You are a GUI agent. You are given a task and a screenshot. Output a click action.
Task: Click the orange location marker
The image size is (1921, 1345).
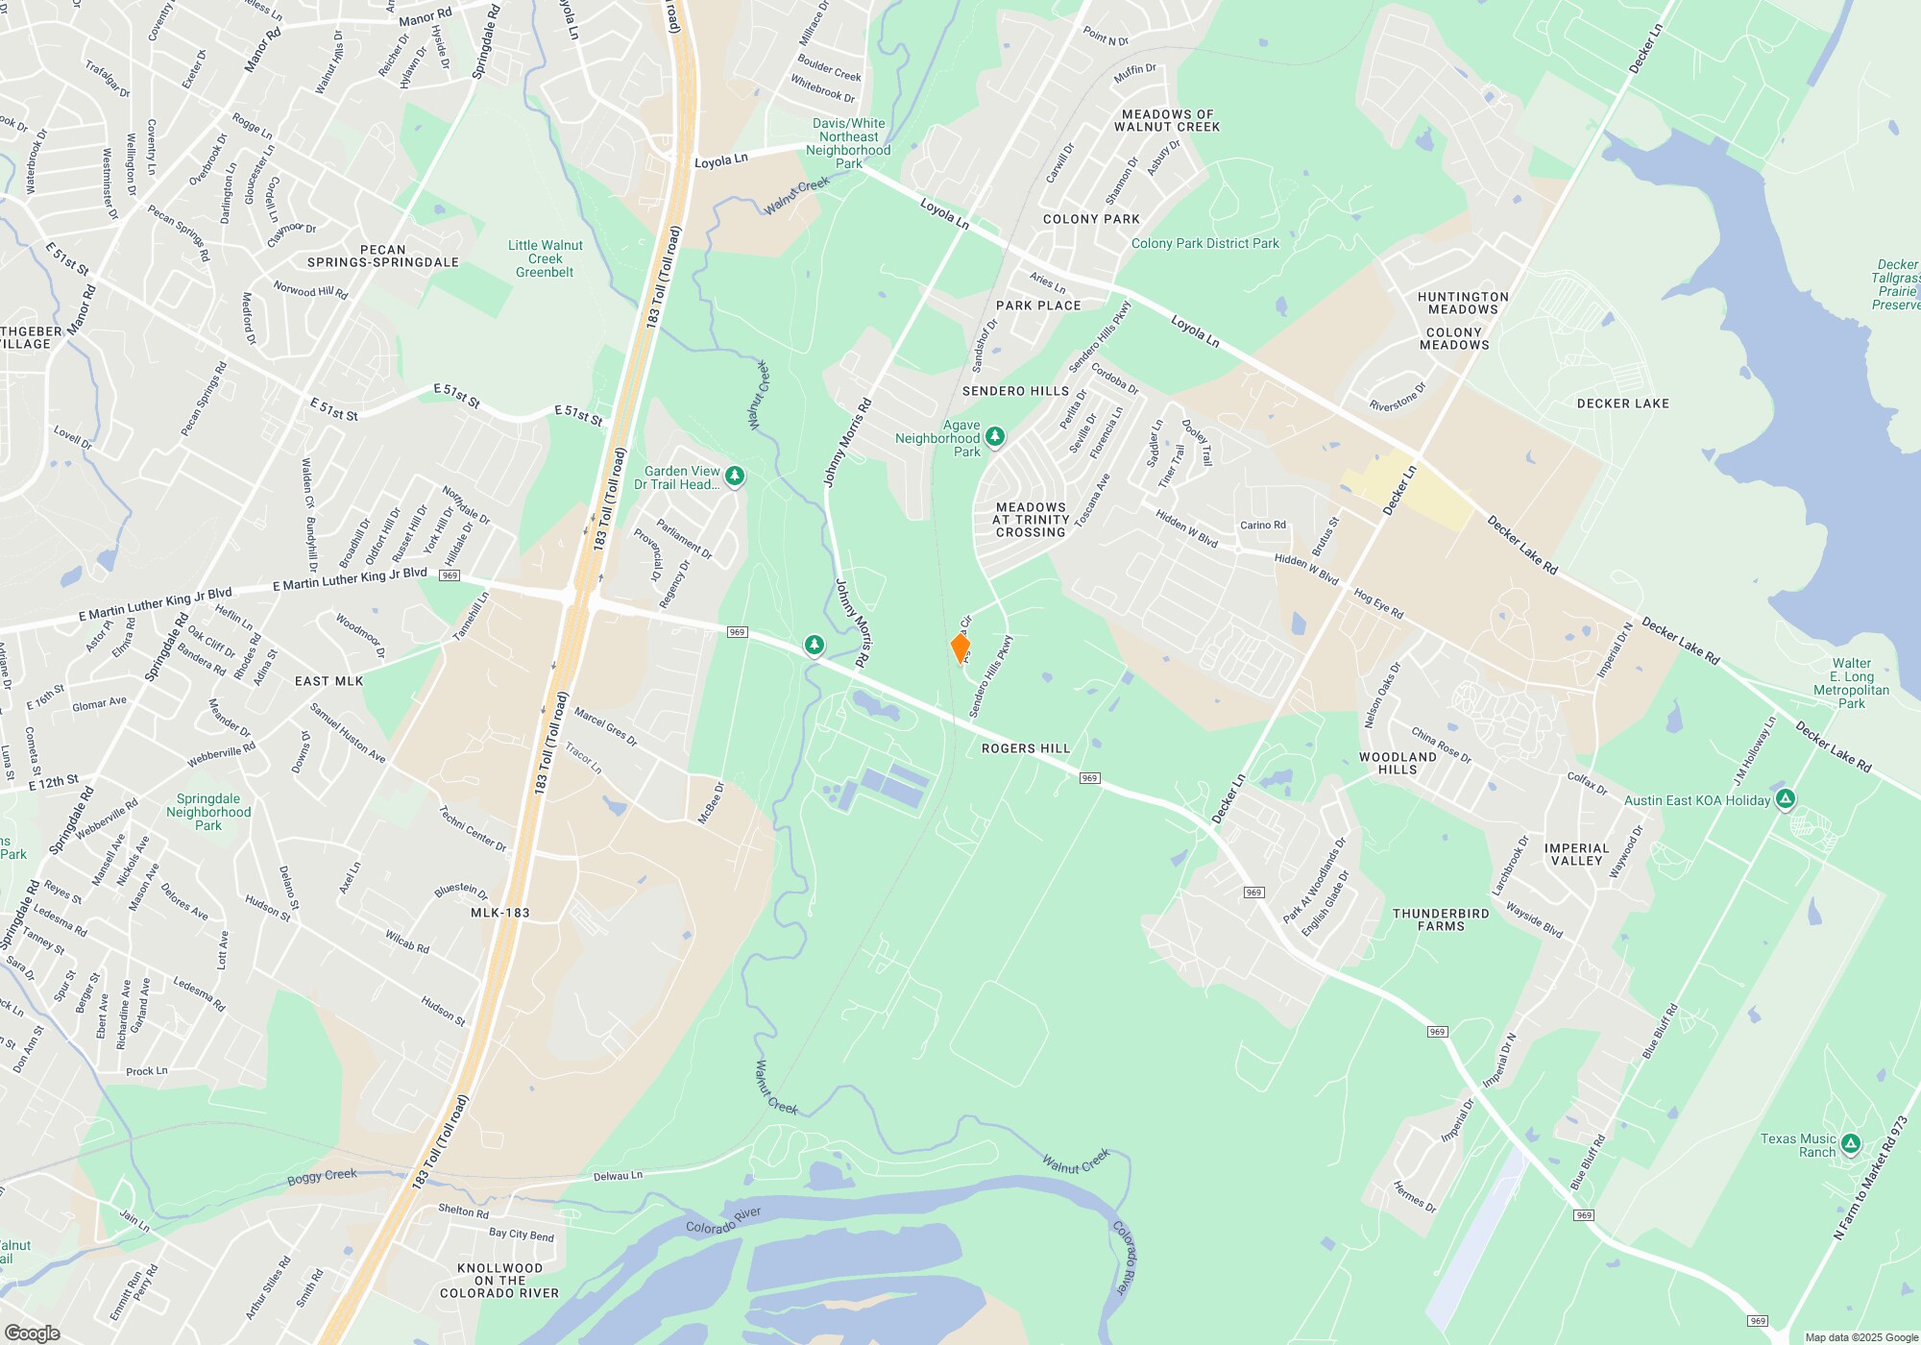click(960, 648)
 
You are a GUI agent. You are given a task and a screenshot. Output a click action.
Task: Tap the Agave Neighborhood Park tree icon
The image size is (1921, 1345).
click(995, 437)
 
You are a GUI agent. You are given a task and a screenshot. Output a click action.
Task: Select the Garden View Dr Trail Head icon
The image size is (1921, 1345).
click(735, 477)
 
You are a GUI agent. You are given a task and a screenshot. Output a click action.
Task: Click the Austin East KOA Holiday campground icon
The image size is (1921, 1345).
click(1786, 798)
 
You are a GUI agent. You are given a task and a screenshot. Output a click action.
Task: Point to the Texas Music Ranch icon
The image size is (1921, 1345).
click(1851, 1144)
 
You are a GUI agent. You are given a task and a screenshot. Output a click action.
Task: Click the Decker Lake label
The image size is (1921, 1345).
click(1622, 403)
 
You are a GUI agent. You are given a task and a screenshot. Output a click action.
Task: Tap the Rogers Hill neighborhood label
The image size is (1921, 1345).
click(1025, 748)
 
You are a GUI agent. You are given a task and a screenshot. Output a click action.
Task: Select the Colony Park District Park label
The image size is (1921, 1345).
click(1204, 244)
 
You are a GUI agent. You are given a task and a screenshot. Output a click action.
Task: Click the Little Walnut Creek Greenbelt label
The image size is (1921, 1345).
click(545, 258)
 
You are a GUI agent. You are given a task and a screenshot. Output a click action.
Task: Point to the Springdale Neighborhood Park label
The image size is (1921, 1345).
click(208, 812)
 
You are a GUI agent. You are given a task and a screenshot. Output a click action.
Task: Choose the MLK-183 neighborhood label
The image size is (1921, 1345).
click(499, 913)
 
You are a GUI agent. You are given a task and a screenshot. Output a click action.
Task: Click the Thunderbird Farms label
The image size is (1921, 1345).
click(1441, 919)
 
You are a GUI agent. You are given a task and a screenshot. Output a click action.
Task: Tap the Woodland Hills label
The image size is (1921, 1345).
click(1398, 763)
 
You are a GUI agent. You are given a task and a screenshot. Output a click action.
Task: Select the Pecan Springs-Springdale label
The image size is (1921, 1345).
click(382, 256)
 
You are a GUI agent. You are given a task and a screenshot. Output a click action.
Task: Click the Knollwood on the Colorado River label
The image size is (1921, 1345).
click(499, 1281)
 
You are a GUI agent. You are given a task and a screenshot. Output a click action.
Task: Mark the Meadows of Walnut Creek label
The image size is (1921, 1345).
click(1166, 120)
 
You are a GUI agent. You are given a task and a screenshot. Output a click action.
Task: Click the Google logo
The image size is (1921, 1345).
click(32, 1333)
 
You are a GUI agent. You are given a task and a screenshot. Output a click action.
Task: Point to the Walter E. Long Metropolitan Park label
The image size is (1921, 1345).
click(1851, 683)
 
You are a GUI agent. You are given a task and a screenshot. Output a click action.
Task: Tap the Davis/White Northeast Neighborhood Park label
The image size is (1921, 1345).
click(848, 143)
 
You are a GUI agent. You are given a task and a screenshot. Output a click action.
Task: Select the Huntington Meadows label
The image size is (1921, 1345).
click(1462, 303)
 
